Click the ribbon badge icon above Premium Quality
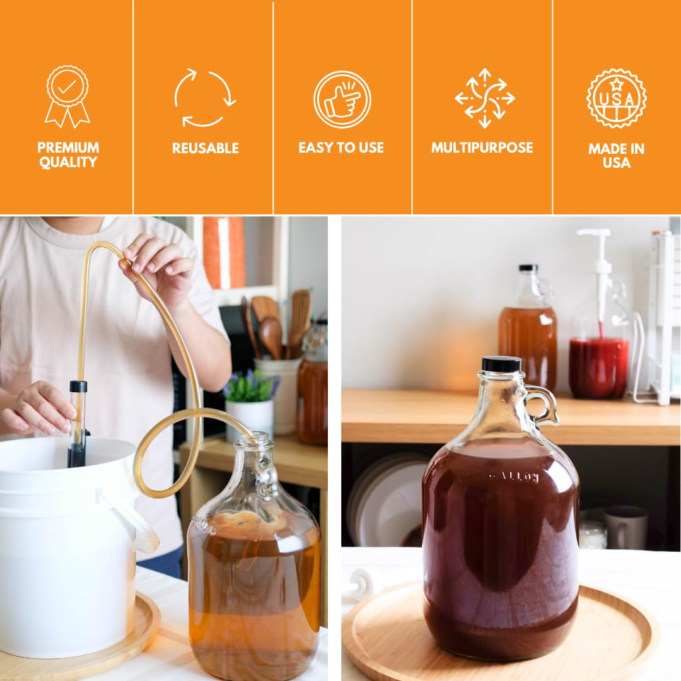coord(67,96)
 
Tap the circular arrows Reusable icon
coord(205,98)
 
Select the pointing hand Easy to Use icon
coord(342,100)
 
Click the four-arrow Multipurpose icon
coord(484,98)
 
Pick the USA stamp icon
coord(616,98)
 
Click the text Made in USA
coord(616,156)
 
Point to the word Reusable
coord(205,148)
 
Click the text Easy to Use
coord(341,148)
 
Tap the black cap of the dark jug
coord(501,364)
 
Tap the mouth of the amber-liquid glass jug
coord(256,439)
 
